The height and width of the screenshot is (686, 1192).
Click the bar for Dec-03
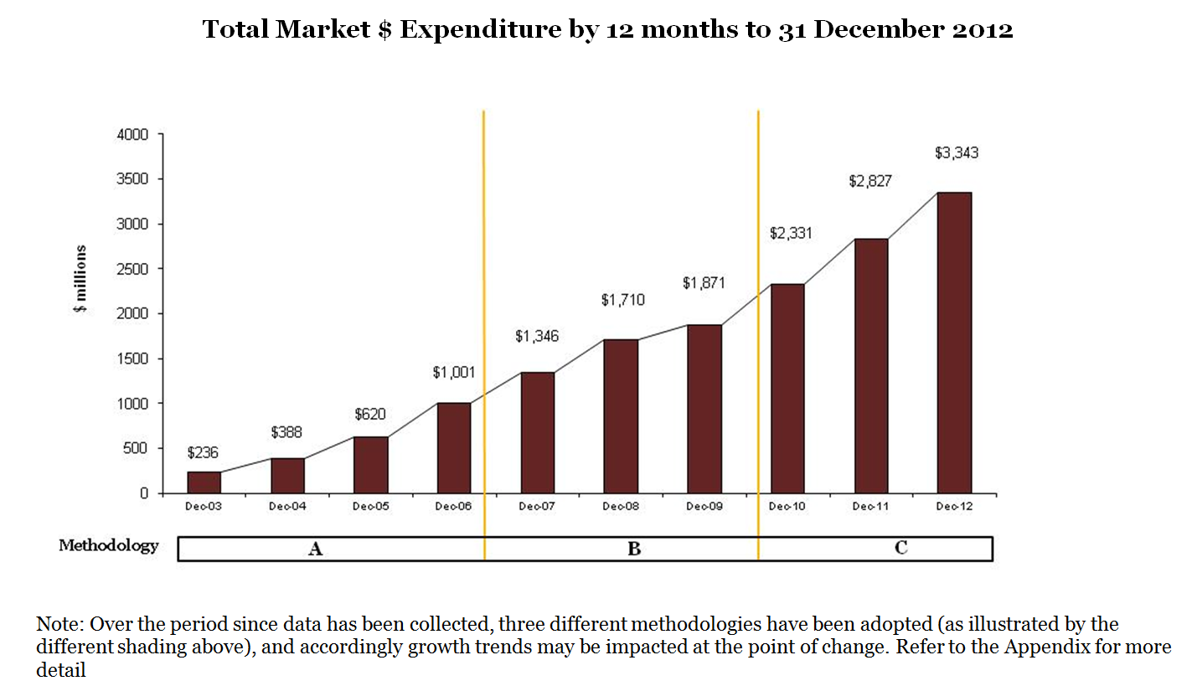204,482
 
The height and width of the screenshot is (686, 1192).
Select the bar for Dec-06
454,448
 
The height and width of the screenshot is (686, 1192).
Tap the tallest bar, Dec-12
954,343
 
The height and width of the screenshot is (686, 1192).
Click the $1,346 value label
536,337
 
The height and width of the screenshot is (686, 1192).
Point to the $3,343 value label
956,153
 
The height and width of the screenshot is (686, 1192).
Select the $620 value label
369,414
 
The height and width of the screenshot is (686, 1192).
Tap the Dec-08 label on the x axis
621,507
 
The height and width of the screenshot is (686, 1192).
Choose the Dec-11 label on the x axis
870,507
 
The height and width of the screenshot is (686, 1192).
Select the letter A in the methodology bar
316,549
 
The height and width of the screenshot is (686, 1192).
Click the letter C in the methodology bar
900,549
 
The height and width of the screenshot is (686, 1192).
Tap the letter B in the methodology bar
634,549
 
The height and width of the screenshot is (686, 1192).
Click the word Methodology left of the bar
108,546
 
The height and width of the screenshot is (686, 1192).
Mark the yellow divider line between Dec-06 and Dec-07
484,251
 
